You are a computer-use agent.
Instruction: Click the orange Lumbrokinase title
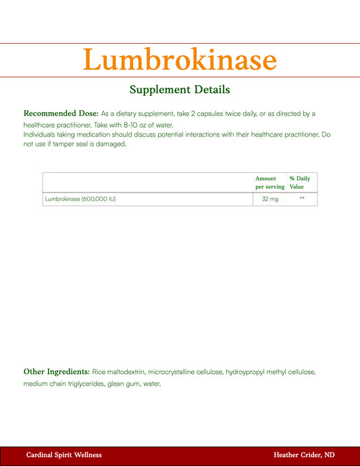click(180, 60)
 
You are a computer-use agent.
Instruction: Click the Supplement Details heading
click(180, 89)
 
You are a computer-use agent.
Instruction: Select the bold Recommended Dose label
click(61, 113)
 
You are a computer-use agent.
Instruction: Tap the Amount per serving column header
click(269, 182)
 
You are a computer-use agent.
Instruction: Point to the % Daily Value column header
click(300, 182)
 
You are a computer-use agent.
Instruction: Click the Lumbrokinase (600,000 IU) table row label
click(80, 199)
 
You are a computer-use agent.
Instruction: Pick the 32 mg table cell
click(269, 199)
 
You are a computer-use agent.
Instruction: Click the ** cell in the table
click(302, 199)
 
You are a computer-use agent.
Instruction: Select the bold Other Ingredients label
click(57, 371)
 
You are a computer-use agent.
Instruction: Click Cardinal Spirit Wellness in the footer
click(64, 455)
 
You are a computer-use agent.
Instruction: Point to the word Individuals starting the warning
click(42, 135)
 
